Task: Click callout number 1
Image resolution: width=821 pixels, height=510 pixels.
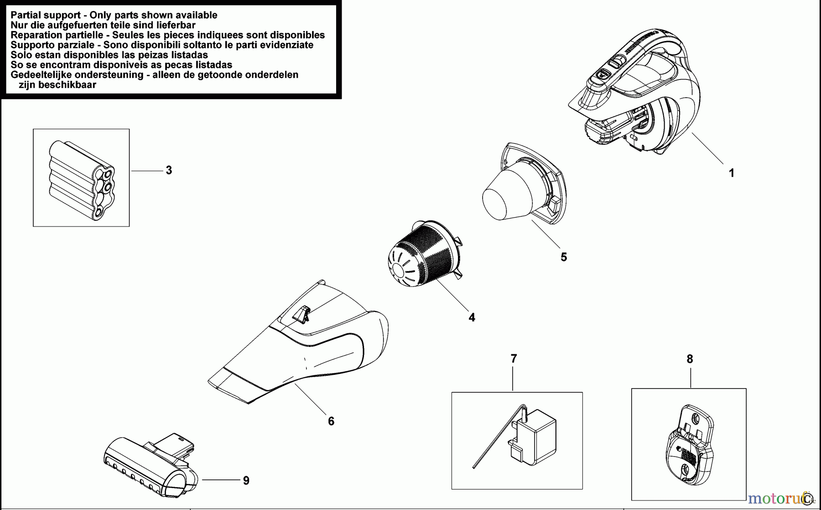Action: (732, 173)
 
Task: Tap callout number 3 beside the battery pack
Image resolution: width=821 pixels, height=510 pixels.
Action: (169, 170)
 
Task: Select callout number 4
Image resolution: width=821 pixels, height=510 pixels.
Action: (472, 317)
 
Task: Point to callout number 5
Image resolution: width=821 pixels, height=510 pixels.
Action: (564, 257)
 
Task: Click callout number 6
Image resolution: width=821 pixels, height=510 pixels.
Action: (331, 421)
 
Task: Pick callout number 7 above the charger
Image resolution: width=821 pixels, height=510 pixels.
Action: (514, 359)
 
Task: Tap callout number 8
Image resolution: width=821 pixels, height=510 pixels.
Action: (690, 359)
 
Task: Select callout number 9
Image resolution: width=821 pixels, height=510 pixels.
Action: (246, 480)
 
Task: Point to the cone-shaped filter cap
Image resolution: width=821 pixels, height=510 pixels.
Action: (509, 194)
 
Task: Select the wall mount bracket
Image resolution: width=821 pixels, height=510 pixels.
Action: (689, 445)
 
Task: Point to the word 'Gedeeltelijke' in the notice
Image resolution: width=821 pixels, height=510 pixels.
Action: (41, 75)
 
